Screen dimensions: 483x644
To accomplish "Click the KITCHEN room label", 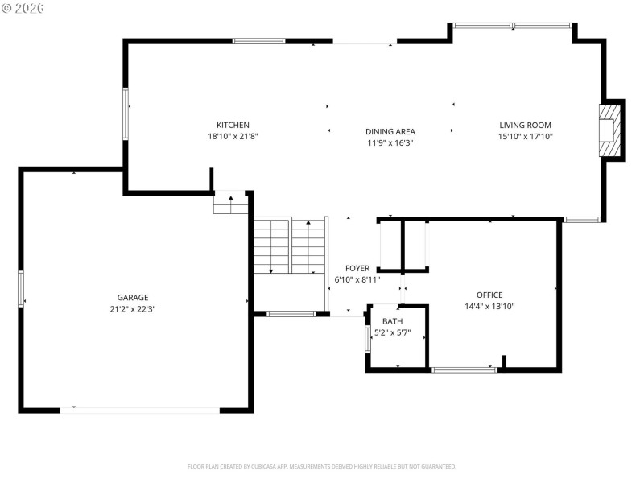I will (233, 125).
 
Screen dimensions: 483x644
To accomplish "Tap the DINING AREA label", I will (390, 131).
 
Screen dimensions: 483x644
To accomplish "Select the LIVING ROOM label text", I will (525, 125).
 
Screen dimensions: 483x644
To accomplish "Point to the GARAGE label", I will (133, 297).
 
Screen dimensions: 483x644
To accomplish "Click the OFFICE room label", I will (489, 295).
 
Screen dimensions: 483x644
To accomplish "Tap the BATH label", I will (393, 321).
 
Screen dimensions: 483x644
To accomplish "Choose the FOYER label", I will (357, 268).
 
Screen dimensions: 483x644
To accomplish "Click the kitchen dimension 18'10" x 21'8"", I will (233, 136).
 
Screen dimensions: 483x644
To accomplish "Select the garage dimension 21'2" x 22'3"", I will (133, 308).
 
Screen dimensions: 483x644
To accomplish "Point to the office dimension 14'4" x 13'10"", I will (489, 306).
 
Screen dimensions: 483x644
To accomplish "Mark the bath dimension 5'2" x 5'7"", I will (393, 332).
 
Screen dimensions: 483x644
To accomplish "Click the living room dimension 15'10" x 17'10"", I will (525, 136).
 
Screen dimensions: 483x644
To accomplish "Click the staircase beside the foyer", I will (290, 246).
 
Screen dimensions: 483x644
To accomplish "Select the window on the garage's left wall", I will (21, 288).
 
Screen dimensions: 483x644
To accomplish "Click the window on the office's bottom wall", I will (464, 369).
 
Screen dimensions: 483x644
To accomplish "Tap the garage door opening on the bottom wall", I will (140, 411).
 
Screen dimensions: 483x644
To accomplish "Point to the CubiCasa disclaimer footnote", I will (322, 466).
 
